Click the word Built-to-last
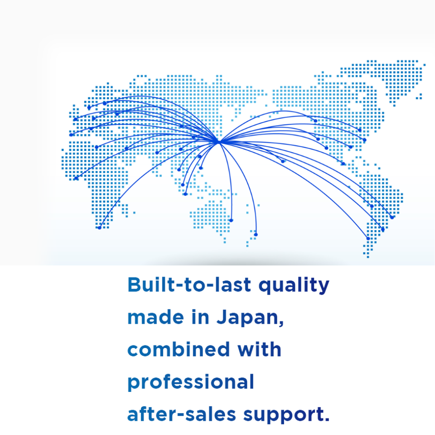[x=189, y=285]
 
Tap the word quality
[x=294, y=286]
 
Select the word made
[x=155, y=317]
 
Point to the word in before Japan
[x=200, y=317]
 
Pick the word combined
[x=179, y=349]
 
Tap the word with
[x=259, y=349]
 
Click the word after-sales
[x=181, y=414]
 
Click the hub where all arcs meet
[x=219, y=142]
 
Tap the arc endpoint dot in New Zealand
[x=256, y=235]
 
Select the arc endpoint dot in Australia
[x=231, y=221]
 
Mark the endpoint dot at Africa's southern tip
[x=99, y=228]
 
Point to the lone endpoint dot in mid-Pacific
[x=283, y=161]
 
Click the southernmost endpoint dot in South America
[x=368, y=239]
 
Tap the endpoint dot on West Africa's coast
[x=76, y=179]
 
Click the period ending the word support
[x=326, y=420]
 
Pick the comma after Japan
[x=281, y=324]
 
